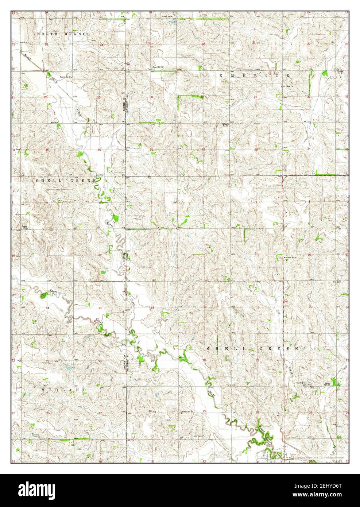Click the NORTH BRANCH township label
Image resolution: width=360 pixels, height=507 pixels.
(x=63, y=34)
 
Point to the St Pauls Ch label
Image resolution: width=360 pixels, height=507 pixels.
(x=289, y=86)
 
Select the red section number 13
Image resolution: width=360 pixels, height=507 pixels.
(x=99, y=308)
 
